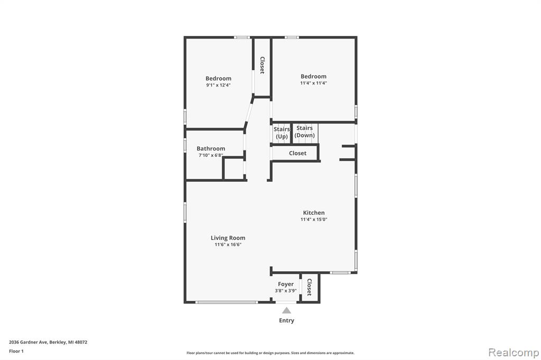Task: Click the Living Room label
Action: pos(228,238)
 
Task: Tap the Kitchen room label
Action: pos(314,213)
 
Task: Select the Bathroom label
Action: pos(211,149)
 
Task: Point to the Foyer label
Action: pos(286,284)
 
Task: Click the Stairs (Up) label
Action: pos(282,133)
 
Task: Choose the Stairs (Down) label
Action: pos(305,131)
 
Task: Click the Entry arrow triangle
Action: pos(287,310)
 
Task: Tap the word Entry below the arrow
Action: pos(287,321)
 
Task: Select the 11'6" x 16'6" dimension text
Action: pos(228,245)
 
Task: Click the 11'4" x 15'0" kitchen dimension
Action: pos(314,219)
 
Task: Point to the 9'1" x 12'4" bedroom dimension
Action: pos(218,85)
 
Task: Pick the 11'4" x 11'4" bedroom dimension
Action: pos(314,83)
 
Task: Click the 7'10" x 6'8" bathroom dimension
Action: pos(211,156)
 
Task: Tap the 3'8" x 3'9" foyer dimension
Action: pos(286,291)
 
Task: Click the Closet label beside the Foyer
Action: pos(310,287)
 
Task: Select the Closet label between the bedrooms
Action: pos(262,65)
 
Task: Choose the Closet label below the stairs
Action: pos(298,153)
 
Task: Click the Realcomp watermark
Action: pos(514,353)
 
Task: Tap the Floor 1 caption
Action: pos(16,352)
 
